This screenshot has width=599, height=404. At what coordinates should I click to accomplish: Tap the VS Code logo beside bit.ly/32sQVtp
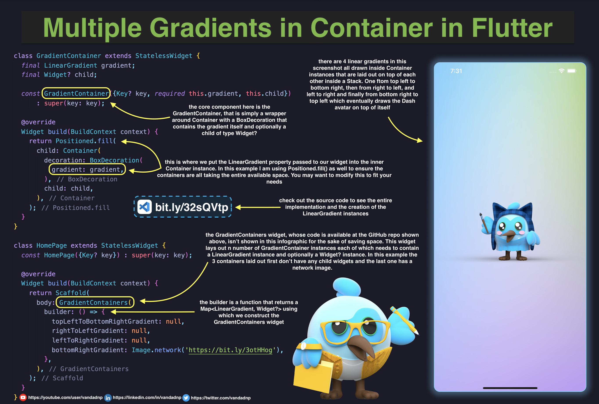click(144, 207)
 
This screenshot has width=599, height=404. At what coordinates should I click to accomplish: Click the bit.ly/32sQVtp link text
click(192, 207)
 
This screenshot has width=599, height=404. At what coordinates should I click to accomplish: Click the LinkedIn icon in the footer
click(108, 398)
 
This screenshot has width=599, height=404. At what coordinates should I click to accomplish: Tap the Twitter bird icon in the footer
click(186, 398)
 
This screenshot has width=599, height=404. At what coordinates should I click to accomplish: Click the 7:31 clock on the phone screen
click(456, 71)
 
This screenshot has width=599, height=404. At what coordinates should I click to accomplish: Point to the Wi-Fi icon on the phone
click(561, 71)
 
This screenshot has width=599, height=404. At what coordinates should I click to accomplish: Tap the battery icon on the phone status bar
click(571, 71)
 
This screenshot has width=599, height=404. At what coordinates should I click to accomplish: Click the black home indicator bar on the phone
click(510, 388)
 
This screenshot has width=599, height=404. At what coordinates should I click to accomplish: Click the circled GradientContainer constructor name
click(76, 93)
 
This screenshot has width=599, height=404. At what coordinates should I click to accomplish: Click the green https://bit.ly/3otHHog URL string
click(230, 350)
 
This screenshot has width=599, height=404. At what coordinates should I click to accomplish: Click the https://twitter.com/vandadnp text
click(221, 398)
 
